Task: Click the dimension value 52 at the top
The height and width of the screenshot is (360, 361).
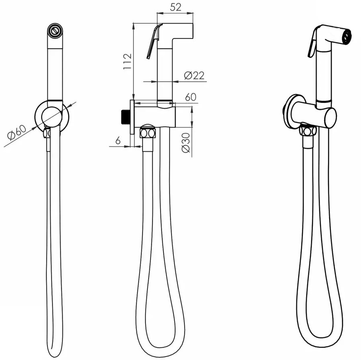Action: pyautogui.click(x=175, y=7)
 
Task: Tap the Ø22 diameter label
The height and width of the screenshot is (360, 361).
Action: pyautogui.click(x=194, y=75)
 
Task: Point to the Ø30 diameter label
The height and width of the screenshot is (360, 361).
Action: pyautogui.click(x=186, y=142)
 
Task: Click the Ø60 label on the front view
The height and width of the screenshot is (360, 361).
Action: pyautogui.click(x=16, y=132)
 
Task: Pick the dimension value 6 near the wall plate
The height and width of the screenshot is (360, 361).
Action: pyautogui.click(x=118, y=140)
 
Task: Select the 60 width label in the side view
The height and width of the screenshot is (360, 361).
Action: pyautogui.click(x=191, y=97)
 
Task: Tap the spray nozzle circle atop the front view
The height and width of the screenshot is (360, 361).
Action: pyautogui.click(x=55, y=30)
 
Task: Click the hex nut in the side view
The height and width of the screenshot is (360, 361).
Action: pyautogui.click(x=148, y=133)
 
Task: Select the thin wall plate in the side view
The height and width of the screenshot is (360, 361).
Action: pyautogui.click(x=132, y=117)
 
